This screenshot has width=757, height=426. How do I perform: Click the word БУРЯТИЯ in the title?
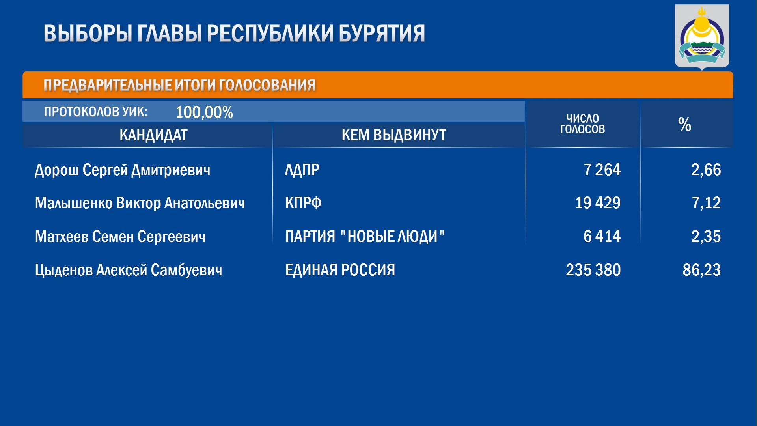(382, 33)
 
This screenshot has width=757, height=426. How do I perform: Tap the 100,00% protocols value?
(204, 112)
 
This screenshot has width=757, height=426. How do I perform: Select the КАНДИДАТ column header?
(153, 135)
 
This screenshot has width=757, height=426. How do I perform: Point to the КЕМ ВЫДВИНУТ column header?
(394, 135)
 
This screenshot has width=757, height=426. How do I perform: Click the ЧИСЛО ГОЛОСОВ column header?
(582, 124)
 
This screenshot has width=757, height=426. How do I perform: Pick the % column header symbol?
(684, 124)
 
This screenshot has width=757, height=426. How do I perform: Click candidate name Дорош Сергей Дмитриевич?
(123, 170)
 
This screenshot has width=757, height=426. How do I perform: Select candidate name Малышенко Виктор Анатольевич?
(140, 203)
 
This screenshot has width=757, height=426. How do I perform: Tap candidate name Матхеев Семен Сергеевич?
(120, 237)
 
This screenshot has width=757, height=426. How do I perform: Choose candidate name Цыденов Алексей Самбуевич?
(129, 270)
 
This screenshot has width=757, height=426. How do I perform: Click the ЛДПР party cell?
(302, 170)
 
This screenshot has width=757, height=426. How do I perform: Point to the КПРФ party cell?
(303, 203)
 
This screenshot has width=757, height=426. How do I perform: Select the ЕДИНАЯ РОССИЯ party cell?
(340, 270)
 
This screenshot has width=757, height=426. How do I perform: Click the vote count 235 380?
(593, 270)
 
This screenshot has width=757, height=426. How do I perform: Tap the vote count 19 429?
(598, 203)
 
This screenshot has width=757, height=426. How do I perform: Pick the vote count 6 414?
(602, 237)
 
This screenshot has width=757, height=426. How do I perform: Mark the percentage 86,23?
(701, 270)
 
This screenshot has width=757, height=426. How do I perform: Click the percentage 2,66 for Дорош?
(706, 170)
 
